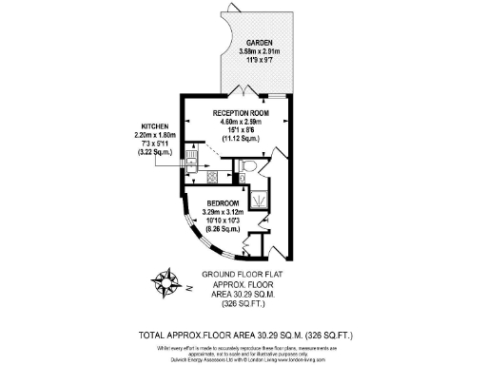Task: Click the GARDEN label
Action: click(260, 44)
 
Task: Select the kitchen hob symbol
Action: click(212, 176)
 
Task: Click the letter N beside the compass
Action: click(189, 285)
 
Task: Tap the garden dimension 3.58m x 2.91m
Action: click(260, 51)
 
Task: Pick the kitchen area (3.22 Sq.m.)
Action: click(154, 152)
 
